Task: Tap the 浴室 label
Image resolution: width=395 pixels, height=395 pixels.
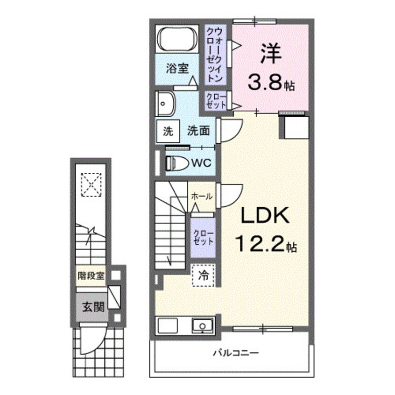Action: pyautogui.click(x=178, y=68)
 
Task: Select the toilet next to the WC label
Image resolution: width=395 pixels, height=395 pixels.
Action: pyautogui.click(x=176, y=163)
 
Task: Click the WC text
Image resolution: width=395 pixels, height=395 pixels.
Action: pyautogui.click(x=202, y=163)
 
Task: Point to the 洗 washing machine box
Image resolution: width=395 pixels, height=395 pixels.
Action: pyautogui.click(x=167, y=131)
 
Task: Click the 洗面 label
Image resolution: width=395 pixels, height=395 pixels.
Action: pyautogui.click(x=198, y=131)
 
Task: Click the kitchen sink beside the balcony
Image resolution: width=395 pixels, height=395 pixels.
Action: pyautogui.click(x=203, y=325)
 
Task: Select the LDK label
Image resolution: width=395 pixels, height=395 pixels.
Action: pyautogui.click(x=265, y=216)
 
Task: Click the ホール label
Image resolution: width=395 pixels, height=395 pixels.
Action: pyautogui.click(x=201, y=197)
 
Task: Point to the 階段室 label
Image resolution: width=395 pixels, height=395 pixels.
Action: pyautogui.click(x=91, y=275)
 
